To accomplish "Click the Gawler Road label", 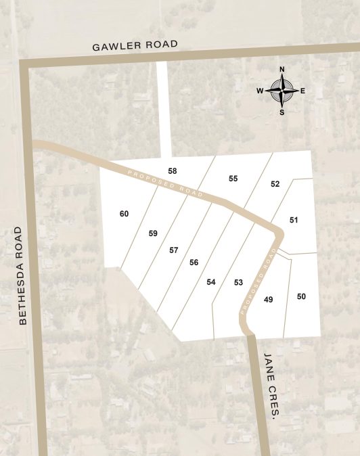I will click(x=135, y=45).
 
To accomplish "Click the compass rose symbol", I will click(x=282, y=91).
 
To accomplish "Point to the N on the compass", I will click(x=282, y=70).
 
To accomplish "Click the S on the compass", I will click(x=282, y=112).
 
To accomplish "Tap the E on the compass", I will click(x=302, y=91).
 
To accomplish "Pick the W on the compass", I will click(x=260, y=91).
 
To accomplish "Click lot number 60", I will click(x=124, y=214).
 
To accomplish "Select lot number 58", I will click(x=173, y=171).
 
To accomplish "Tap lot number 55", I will click(x=233, y=179).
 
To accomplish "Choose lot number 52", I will click(x=275, y=184).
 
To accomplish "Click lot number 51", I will click(x=294, y=220).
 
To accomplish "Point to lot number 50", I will click(x=301, y=296).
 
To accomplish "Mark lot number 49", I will click(x=268, y=299).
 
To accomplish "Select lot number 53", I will click(x=238, y=282).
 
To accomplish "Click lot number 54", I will click(x=211, y=281).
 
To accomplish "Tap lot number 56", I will click(x=194, y=262).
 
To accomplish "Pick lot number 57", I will click(x=173, y=250).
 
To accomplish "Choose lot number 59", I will click(x=153, y=233).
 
